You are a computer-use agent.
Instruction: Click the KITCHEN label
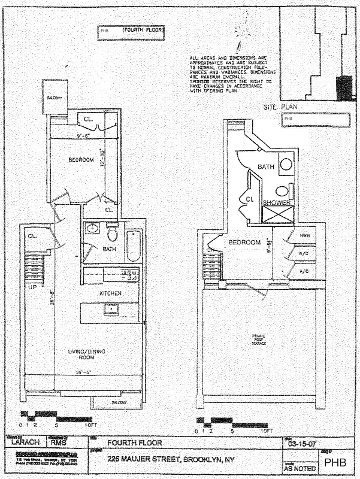point(111,293)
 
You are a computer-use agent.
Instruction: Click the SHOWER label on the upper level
point(277,203)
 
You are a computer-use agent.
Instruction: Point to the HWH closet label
point(304,236)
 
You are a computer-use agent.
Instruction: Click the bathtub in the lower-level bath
point(134,246)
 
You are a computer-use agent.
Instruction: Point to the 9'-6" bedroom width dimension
point(71,135)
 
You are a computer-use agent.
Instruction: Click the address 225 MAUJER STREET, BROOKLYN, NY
point(176,459)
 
